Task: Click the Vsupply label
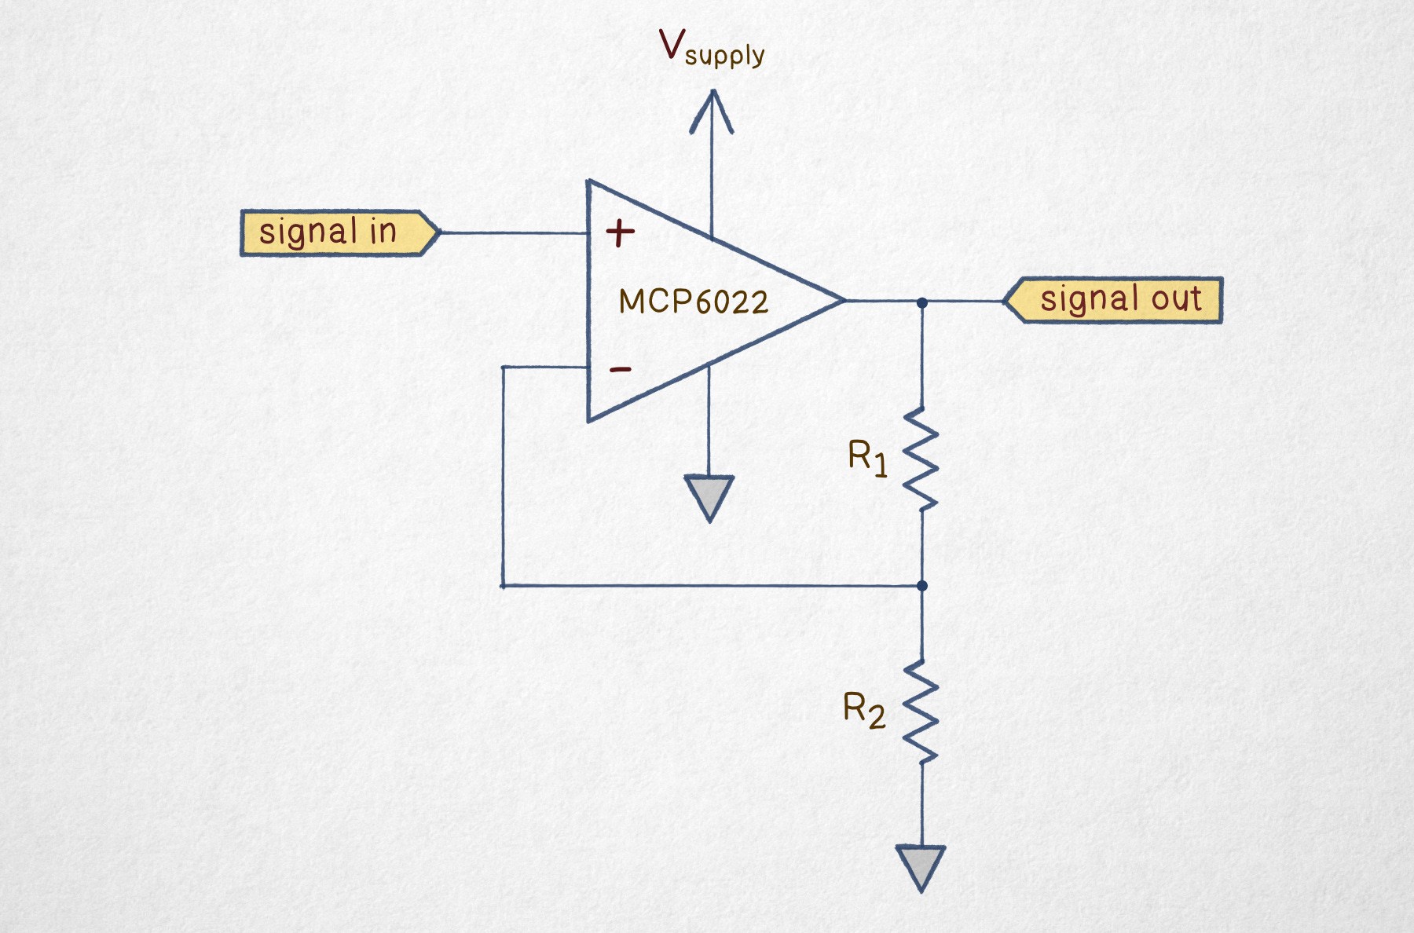coord(711,49)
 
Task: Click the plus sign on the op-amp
coord(620,232)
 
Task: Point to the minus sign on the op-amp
coord(621,369)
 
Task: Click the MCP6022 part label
coord(693,302)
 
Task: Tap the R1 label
coord(867,457)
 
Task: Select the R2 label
coord(863,709)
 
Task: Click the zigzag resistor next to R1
coord(921,459)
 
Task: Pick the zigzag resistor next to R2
coord(921,712)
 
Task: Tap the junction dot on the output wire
coord(922,302)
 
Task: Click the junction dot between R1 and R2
coord(922,586)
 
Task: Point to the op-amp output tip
coord(843,300)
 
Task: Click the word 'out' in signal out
coord(1176,299)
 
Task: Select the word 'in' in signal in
coord(383,232)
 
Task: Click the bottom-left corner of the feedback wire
coord(503,586)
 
